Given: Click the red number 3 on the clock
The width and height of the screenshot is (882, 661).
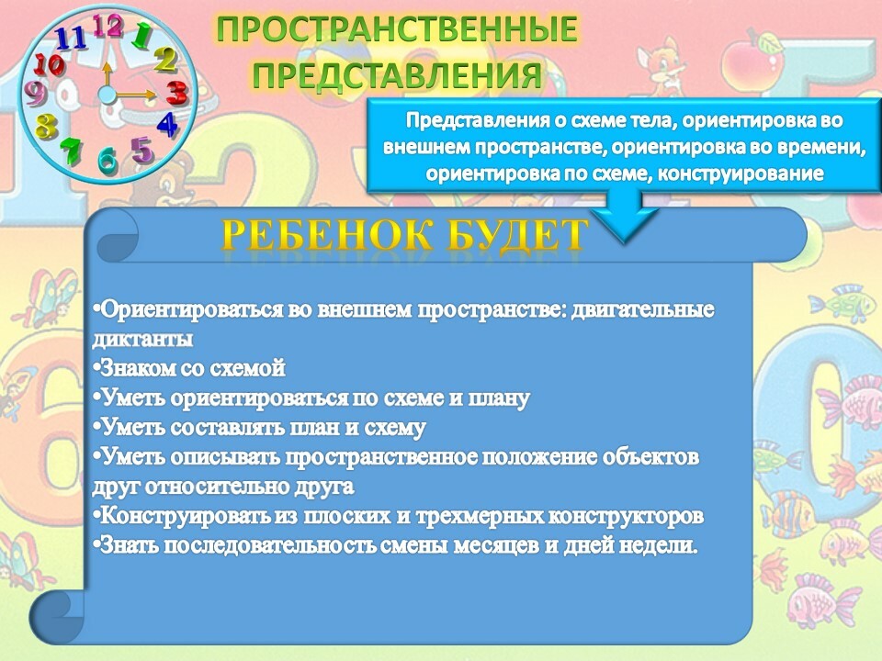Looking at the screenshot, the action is (176, 93).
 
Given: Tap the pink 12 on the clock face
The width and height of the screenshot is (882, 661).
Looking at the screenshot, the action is (108, 26).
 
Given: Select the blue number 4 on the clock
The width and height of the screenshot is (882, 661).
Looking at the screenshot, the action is (167, 124).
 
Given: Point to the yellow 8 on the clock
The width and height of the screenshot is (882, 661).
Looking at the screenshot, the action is (46, 126).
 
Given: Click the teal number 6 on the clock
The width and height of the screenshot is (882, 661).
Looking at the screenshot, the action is (108, 160).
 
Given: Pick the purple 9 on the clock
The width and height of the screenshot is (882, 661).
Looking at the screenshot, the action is (36, 94).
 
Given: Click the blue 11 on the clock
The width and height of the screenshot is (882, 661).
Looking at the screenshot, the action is (71, 39).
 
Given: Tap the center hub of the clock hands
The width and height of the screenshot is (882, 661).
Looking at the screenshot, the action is (107, 95).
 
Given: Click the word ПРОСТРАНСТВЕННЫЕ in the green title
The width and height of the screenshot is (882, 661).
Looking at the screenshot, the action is (397, 29).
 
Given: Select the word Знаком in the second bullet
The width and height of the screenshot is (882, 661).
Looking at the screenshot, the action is (134, 368).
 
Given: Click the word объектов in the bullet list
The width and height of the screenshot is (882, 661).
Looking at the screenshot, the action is (650, 457).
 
